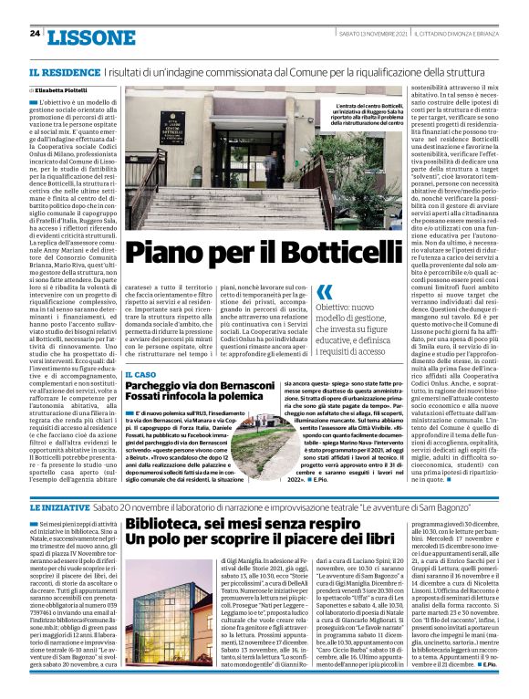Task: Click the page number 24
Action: [35, 34]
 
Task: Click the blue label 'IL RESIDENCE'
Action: [57, 71]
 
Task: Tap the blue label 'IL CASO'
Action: [139, 374]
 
